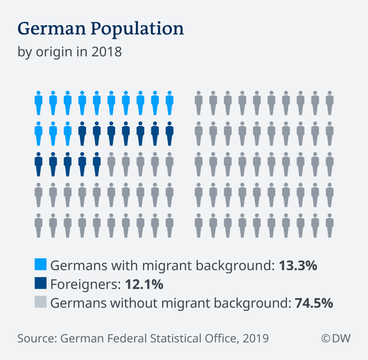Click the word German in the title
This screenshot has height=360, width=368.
click(44, 29)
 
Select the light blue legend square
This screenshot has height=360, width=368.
click(41, 264)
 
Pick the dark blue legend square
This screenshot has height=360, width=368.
click(41, 283)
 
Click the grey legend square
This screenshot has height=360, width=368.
click(41, 302)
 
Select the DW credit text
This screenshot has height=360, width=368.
click(336, 338)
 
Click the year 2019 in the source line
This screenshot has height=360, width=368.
click(255, 338)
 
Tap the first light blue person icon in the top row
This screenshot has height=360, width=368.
click(38, 103)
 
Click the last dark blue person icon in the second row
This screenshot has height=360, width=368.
click(170, 134)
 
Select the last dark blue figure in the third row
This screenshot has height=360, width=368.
click(97, 165)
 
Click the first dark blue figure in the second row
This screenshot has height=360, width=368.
click(82, 134)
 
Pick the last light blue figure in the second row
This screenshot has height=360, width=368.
click(68, 134)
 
